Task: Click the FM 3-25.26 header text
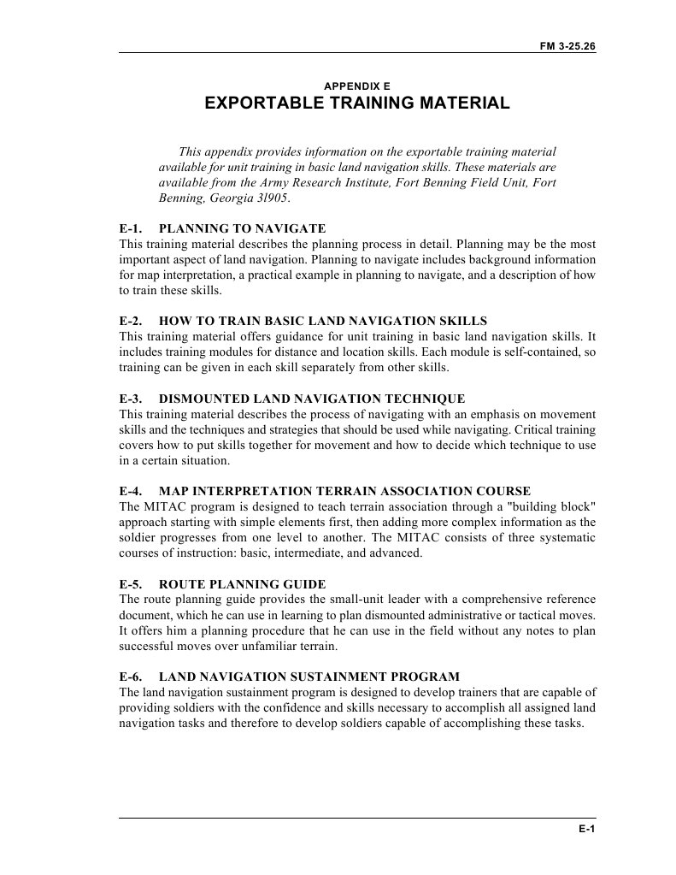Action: coord(567,46)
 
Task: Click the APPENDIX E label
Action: coord(357,86)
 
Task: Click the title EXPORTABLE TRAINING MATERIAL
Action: coord(357,104)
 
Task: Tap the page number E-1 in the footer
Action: coord(586,830)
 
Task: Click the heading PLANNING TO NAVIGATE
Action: coord(243,228)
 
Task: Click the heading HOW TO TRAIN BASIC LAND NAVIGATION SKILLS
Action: coord(323,321)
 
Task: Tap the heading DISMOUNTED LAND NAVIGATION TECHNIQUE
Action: coord(312,399)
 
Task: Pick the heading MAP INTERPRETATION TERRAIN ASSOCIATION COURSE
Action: coord(344,491)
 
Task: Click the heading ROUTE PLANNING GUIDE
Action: coord(242,584)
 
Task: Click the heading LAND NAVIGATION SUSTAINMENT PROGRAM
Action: coord(309,677)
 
